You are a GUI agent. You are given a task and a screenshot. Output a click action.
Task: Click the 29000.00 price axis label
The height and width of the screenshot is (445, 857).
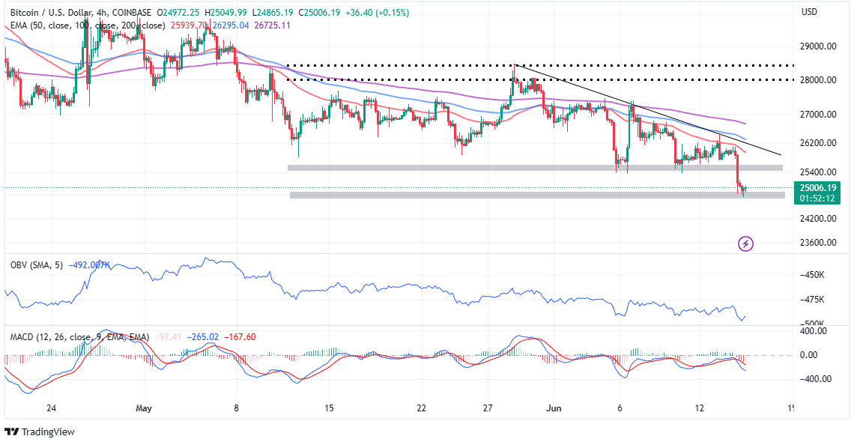tap(818, 46)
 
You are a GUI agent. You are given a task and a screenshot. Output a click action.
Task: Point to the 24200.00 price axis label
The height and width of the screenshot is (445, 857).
tap(818, 219)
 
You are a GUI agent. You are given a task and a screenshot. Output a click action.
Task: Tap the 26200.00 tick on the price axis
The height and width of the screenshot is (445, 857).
tap(818, 143)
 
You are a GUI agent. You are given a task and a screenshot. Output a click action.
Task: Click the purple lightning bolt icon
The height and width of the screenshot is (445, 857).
tap(745, 243)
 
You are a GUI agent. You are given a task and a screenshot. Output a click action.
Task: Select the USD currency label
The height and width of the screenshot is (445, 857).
tap(809, 12)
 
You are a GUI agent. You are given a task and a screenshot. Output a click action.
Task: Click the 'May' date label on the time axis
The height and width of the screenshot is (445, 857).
tap(145, 408)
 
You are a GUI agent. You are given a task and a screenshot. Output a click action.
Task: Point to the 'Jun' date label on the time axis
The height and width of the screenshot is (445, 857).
tap(554, 408)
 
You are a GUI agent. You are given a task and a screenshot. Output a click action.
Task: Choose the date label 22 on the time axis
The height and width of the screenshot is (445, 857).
tap(422, 408)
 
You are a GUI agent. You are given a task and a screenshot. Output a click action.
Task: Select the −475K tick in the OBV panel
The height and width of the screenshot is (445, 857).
tap(813, 300)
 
